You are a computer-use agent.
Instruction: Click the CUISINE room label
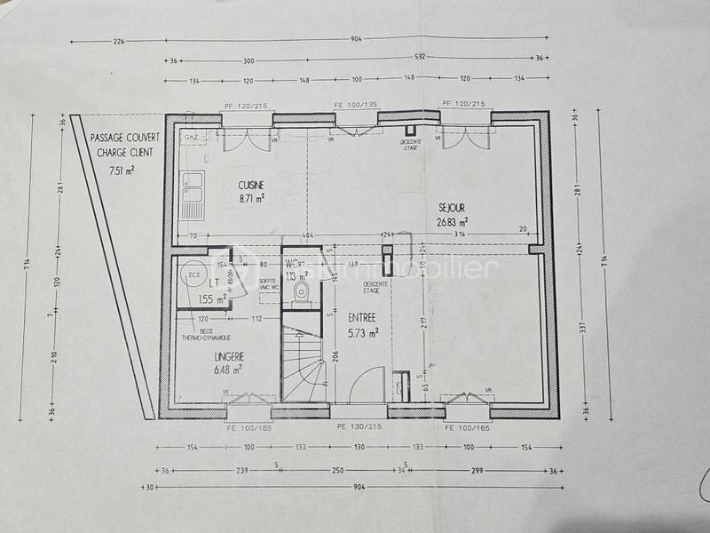(x=251, y=185)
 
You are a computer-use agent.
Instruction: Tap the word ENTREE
(x=363, y=316)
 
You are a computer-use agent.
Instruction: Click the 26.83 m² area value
(x=452, y=222)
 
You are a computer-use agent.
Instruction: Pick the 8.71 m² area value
(x=251, y=200)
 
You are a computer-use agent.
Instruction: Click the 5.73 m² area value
(x=364, y=332)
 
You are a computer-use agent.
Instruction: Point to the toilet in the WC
(x=302, y=290)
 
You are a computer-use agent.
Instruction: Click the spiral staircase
(x=303, y=364)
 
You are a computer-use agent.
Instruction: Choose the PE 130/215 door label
(x=358, y=427)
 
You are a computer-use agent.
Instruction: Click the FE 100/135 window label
(x=355, y=105)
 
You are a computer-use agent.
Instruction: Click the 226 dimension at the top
(x=119, y=41)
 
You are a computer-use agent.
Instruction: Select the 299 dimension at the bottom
(x=477, y=470)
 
